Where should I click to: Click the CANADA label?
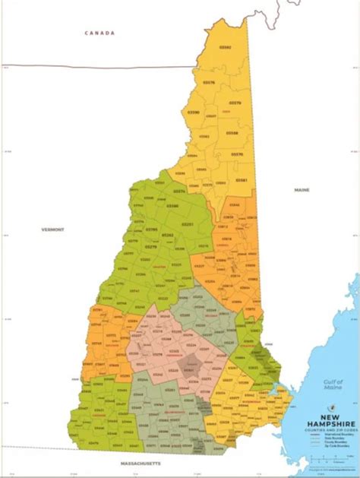click(x=99, y=33)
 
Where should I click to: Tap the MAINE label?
click(x=303, y=189)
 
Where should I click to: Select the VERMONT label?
click(x=53, y=229)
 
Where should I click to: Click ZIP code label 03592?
click(x=226, y=47)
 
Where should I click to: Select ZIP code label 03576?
click(x=209, y=82)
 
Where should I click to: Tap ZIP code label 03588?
click(x=232, y=132)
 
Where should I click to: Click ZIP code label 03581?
click(x=241, y=180)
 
